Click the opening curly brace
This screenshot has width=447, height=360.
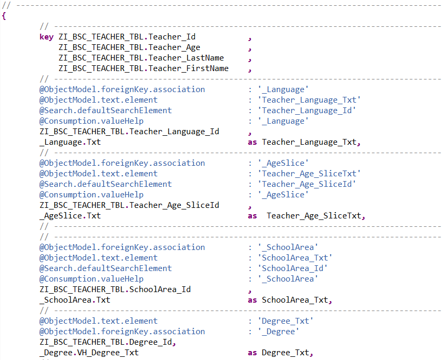click(x=4, y=16)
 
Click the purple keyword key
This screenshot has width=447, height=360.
click(x=46, y=37)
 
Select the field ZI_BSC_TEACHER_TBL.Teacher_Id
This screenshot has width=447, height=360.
click(x=127, y=37)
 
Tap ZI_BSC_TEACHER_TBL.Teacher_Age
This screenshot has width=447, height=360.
click(x=129, y=47)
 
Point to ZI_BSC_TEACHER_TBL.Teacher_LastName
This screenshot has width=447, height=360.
click(x=141, y=58)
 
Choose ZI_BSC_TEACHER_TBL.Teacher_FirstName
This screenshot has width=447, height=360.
click(x=144, y=68)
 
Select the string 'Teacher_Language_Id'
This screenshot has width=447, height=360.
click(x=307, y=111)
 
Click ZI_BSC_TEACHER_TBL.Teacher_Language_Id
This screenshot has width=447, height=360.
click(x=129, y=132)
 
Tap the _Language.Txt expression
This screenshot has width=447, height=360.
click(x=70, y=142)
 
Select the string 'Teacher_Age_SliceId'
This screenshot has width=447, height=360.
click(x=307, y=184)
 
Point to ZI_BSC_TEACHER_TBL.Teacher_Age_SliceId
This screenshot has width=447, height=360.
click(x=129, y=205)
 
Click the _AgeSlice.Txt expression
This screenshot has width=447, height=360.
click(x=70, y=216)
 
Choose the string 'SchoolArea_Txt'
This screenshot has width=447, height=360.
click(x=295, y=258)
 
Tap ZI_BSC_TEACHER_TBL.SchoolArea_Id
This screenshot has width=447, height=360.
click(x=115, y=289)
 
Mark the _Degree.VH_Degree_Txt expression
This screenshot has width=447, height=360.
click(x=89, y=353)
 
